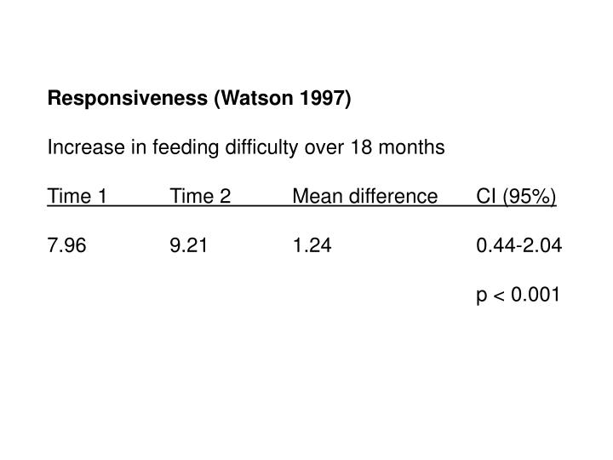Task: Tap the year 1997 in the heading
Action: [324, 99]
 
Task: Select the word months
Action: [411, 148]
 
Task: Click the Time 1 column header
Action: [77, 198]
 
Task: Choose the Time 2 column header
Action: [200, 198]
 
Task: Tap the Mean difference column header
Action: [364, 198]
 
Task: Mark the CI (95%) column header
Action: [517, 198]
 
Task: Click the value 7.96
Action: [66, 247]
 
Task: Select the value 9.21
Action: [188, 247]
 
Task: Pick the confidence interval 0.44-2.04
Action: [519, 247]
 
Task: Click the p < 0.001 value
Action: [518, 296]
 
